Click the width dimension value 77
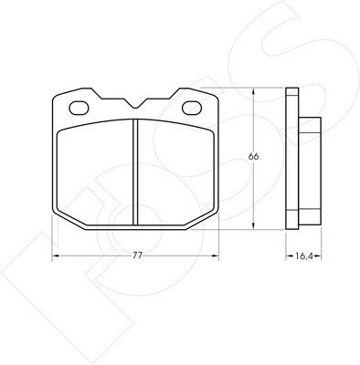pos(137,255)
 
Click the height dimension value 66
pos(253,156)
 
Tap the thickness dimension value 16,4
pos(304,256)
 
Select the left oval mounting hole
pos(79,108)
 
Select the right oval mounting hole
pos(192,108)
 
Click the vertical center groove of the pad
pos(135,172)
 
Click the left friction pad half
pos(95,172)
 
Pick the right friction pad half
pos(175,172)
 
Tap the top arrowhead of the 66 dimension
pos(253,91)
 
